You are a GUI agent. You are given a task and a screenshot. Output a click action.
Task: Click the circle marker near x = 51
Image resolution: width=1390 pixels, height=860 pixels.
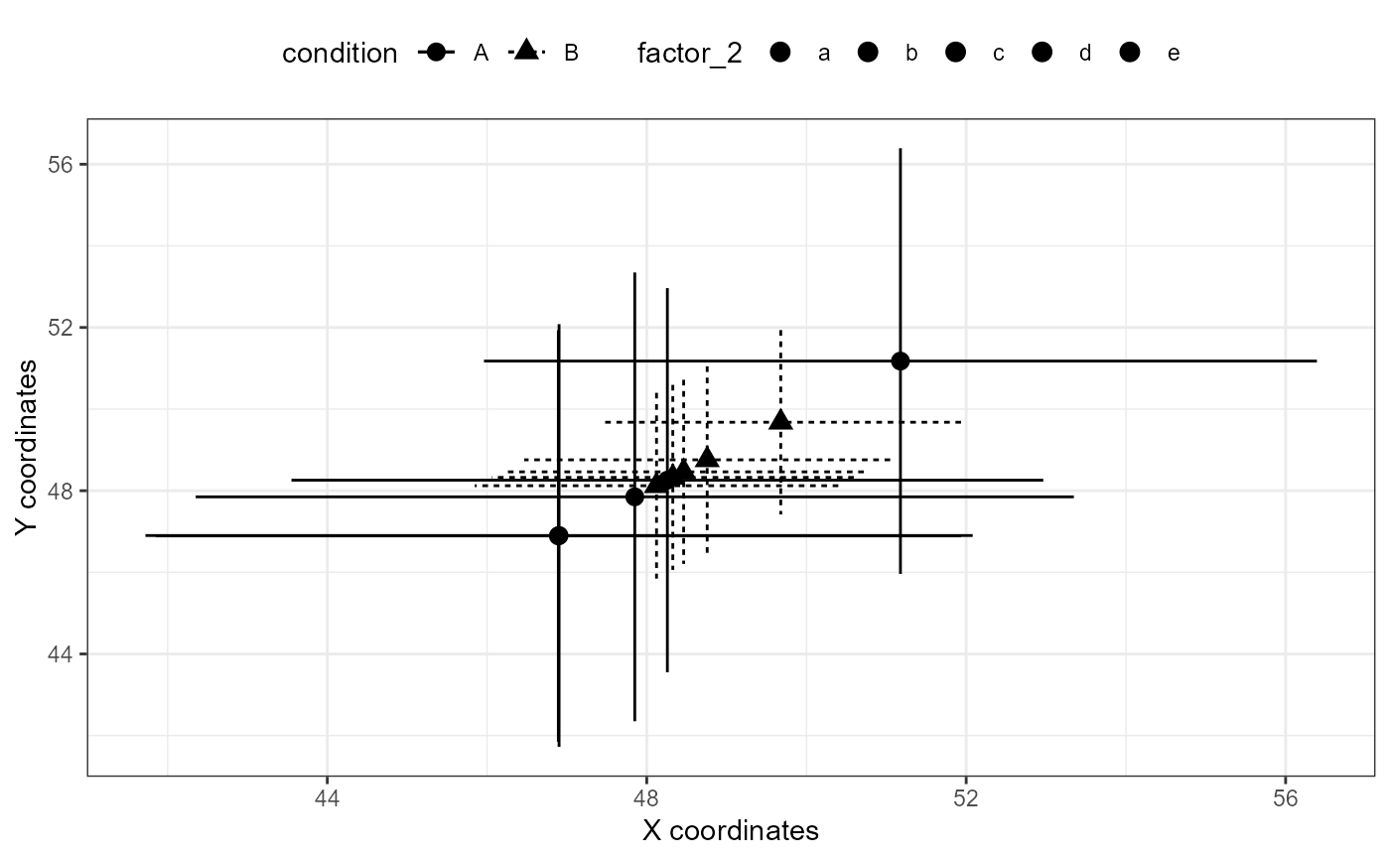900,360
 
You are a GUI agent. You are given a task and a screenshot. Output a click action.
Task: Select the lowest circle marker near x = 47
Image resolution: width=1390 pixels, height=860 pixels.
559,535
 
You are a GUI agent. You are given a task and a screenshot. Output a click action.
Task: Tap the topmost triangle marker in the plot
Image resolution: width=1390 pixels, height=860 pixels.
780,420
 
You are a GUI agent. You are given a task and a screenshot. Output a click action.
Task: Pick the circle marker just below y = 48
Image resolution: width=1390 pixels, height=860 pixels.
634,497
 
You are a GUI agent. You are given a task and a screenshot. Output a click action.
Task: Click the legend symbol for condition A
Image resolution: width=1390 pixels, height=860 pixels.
435,53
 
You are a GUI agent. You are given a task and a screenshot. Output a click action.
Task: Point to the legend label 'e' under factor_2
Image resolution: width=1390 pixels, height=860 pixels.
1174,54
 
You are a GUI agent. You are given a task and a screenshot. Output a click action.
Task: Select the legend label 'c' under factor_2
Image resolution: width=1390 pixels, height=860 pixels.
999,54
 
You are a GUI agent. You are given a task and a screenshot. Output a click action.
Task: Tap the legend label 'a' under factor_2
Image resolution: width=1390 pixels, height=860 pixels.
823,54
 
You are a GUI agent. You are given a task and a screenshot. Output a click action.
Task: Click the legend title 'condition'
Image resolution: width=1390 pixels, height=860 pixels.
340,54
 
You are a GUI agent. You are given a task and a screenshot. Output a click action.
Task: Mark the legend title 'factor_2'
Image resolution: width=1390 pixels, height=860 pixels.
689,54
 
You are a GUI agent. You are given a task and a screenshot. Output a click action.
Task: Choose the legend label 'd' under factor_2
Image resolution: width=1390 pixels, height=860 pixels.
1085,54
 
